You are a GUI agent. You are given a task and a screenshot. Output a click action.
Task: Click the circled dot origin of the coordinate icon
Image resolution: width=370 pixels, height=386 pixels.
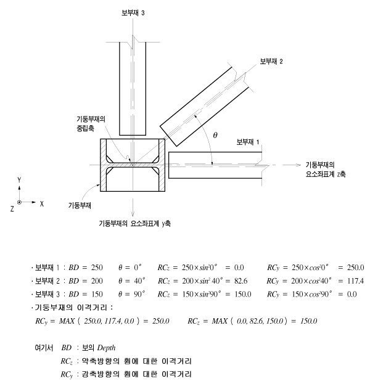(20, 202)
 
